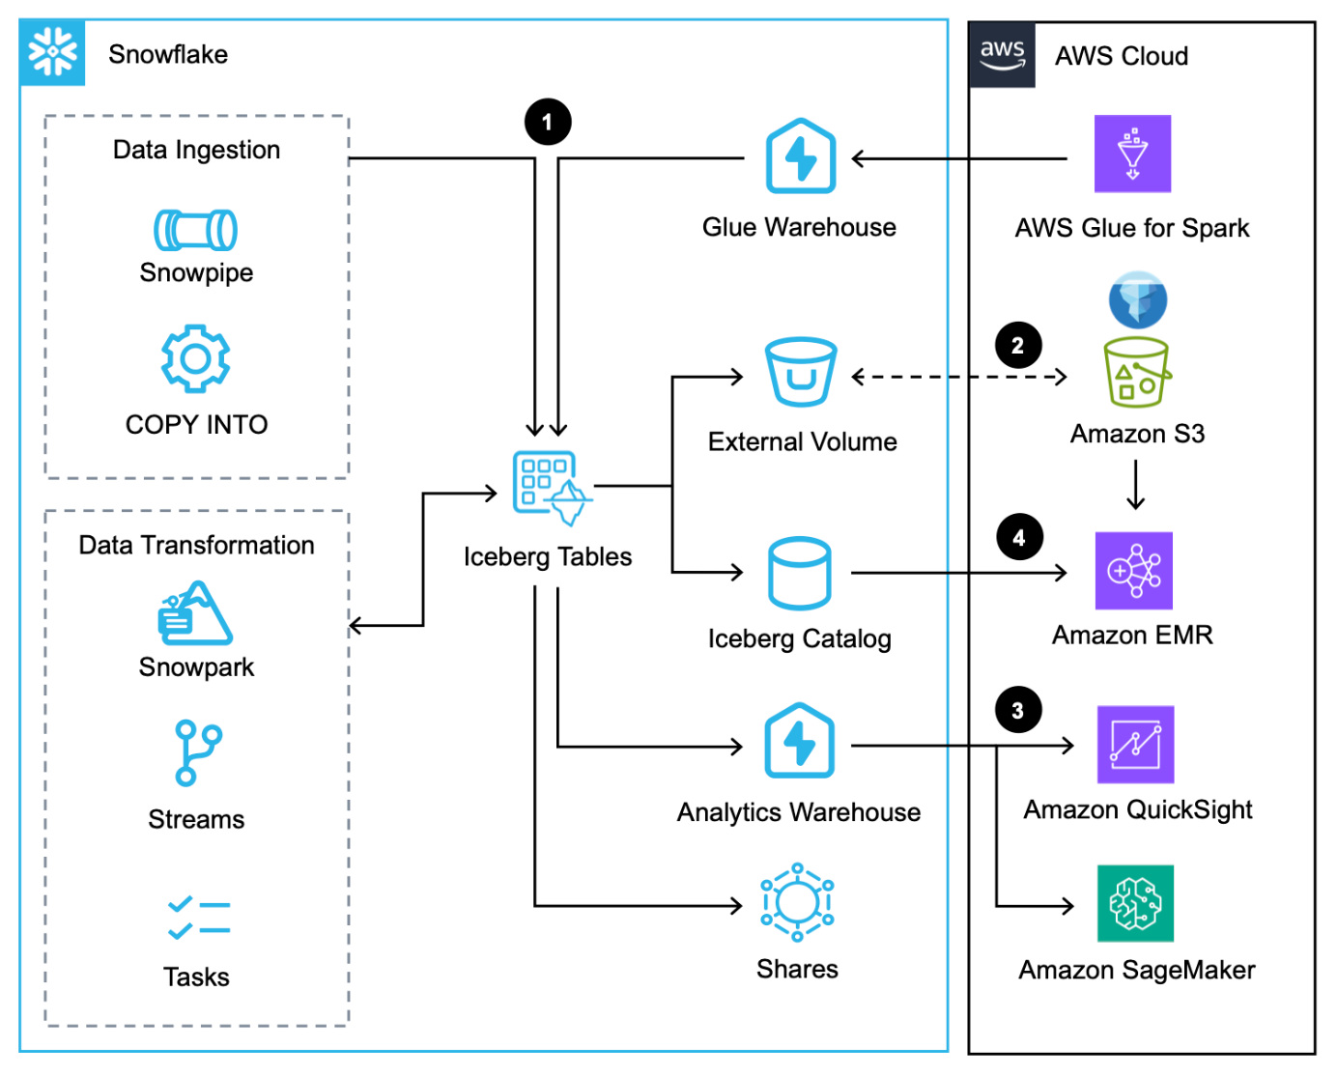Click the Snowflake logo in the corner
click(52, 52)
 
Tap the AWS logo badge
click(1002, 54)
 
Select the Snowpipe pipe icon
click(195, 230)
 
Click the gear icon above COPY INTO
click(195, 358)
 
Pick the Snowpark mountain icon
click(195, 613)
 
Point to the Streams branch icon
click(197, 752)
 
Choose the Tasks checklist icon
click(198, 918)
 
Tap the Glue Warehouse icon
click(800, 156)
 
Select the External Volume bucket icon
click(800, 372)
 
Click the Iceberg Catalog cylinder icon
click(799, 573)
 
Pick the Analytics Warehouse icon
click(799, 741)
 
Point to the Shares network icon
click(797, 902)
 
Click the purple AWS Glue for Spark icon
click(1132, 154)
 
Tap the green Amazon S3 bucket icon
click(1137, 372)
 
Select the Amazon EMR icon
click(1133, 571)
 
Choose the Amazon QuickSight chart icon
click(1135, 745)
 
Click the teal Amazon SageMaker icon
click(1135, 903)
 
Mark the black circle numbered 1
click(548, 123)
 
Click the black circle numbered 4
click(1019, 537)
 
